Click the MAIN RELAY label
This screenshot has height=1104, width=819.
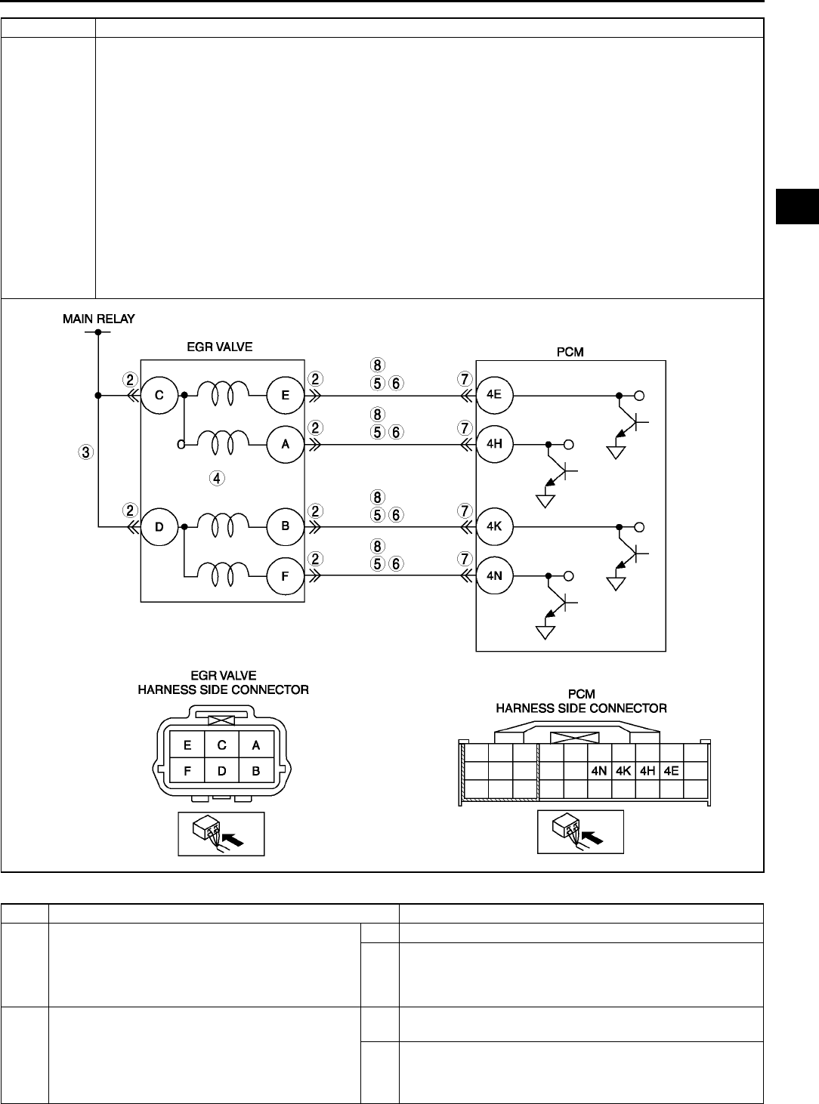tap(98, 319)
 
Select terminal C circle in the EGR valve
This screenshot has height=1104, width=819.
tap(159, 395)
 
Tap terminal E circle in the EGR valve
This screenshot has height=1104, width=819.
tap(286, 395)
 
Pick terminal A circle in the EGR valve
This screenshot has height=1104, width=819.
tap(286, 445)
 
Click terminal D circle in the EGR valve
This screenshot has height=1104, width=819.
tap(159, 526)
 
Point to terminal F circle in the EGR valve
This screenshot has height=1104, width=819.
tap(286, 576)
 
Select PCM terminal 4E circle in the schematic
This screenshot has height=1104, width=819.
tap(495, 395)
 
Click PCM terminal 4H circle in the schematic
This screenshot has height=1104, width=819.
tap(495, 445)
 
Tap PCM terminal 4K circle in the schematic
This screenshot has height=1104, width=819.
tap(495, 526)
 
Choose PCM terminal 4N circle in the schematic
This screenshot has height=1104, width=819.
tap(495, 576)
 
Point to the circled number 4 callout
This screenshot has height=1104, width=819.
tap(217, 477)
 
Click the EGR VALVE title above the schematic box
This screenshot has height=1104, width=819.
tap(221, 347)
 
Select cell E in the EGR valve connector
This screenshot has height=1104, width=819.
tap(187, 745)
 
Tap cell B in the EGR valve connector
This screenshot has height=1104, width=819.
tap(256, 771)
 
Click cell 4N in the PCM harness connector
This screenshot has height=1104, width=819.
tap(599, 772)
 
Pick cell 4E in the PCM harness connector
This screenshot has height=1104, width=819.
tap(671, 772)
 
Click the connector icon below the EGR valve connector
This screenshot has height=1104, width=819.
tap(221, 834)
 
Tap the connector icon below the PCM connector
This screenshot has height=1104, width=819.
tap(580, 832)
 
